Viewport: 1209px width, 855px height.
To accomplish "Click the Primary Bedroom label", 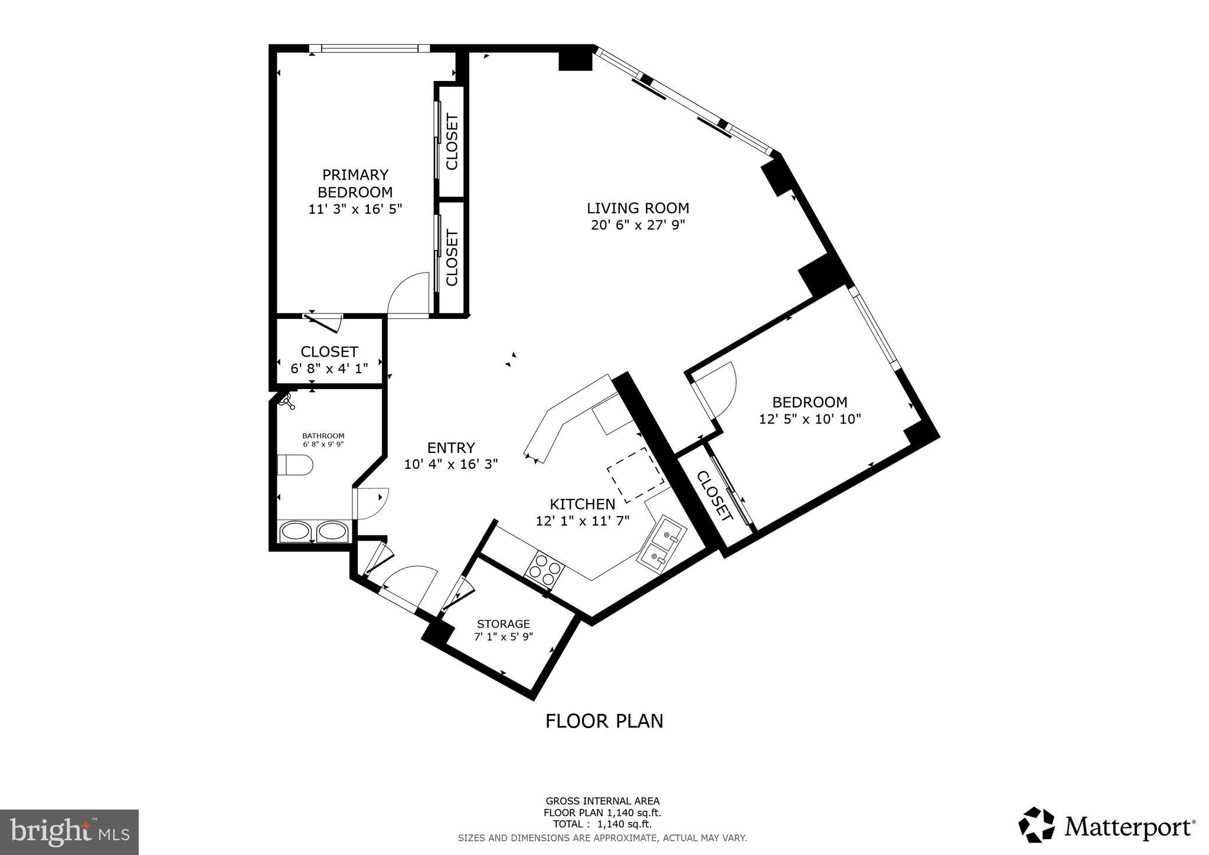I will (x=355, y=183).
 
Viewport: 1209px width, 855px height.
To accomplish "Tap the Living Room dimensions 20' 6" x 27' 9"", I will (x=638, y=225).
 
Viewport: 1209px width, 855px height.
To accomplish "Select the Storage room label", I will (x=504, y=624).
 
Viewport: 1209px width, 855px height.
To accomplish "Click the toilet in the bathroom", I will (x=295, y=465).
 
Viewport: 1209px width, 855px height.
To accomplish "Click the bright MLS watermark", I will (x=70, y=832).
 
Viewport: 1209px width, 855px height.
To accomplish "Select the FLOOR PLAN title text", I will (x=604, y=721).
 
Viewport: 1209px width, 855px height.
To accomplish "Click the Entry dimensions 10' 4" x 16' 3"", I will (x=451, y=464).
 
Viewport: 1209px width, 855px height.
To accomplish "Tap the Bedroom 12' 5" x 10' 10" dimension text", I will (x=810, y=419).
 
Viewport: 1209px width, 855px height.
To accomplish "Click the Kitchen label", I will (x=582, y=504).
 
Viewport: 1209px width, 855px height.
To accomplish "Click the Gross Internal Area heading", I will (x=602, y=801).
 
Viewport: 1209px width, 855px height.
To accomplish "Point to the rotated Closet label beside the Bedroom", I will (x=714, y=495).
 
